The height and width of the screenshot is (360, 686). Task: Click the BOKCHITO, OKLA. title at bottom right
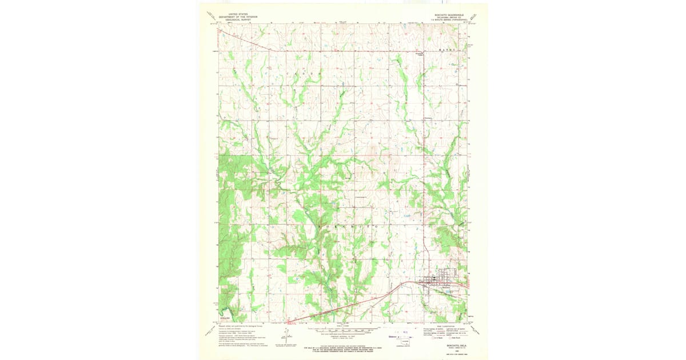[448, 346]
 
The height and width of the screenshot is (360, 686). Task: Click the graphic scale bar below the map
[343, 330]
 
